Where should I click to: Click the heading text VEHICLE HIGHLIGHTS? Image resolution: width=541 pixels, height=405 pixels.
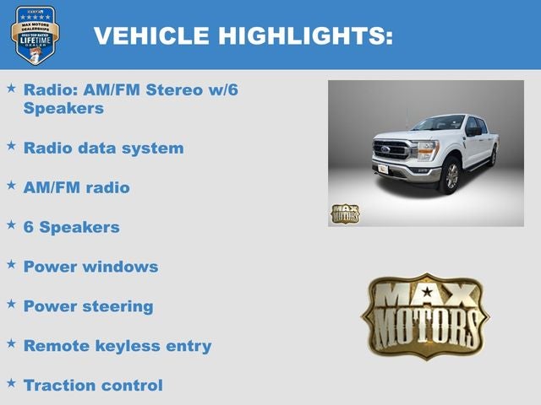243,35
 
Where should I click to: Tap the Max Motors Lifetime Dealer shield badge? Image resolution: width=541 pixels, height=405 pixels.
35,35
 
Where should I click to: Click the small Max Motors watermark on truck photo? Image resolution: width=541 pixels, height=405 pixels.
344,213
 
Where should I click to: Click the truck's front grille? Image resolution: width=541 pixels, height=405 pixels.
396,151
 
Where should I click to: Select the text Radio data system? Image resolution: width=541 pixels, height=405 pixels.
103,148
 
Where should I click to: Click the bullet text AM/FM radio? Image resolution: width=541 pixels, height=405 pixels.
76,187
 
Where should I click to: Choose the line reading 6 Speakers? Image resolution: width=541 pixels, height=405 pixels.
71,227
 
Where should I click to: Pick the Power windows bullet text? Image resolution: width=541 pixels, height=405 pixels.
90,267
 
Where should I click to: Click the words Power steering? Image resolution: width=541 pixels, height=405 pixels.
88,306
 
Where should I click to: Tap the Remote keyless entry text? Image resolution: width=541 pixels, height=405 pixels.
117,346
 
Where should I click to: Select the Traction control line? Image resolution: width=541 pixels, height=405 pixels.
93,386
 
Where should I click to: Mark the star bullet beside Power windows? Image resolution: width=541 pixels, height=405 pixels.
11,264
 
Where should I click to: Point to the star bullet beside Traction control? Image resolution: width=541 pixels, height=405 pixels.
11,383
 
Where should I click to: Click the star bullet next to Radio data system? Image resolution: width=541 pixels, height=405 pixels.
11,145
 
